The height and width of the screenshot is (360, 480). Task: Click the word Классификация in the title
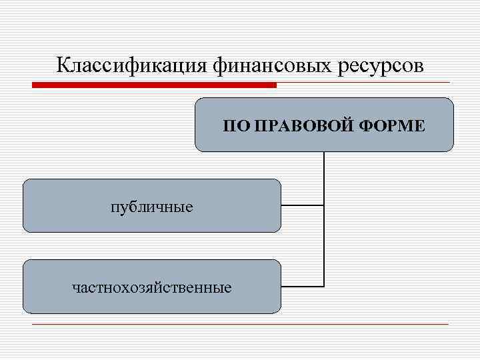pyautogui.click(x=133, y=65)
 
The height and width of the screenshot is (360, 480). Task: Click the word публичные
pyautogui.click(x=152, y=207)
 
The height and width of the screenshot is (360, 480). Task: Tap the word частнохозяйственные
pyautogui.click(x=152, y=288)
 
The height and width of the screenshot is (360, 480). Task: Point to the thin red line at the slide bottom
pyautogui.click(x=240, y=325)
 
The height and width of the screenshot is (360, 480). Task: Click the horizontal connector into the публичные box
pyautogui.click(x=302, y=206)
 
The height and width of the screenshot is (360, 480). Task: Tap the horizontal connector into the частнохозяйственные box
pyautogui.click(x=302, y=287)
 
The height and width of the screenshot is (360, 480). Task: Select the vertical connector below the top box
pyautogui.click(x=324, y=177)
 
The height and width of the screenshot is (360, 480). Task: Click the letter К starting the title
pyautogui.click(x=62, y=65)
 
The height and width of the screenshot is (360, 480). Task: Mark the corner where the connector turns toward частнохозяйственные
pyautogui.click(x=324, y=287)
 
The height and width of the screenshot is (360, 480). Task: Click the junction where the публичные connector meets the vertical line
pyautogui.click(x=324, y=206)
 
